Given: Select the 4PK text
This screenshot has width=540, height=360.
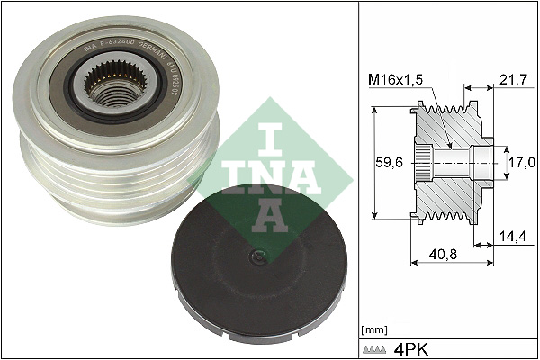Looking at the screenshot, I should click(410, 346).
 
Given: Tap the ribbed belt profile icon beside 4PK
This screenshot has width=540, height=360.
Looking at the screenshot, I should click(376, 346).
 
